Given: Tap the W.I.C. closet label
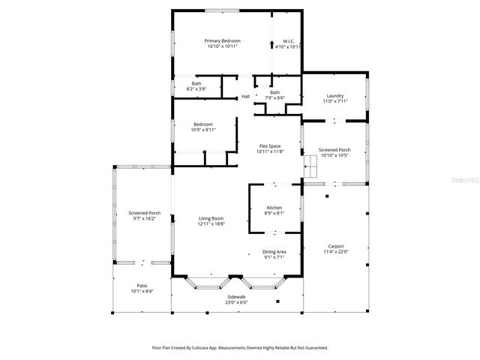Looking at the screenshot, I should click(288, 40).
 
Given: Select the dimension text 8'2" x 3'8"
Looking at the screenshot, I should click(196, 88).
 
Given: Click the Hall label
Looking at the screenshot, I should click(245, 97).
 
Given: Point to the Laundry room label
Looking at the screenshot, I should click(334, 95).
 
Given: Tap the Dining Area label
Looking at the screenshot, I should click(274, 252).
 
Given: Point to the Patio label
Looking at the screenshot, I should click(142, 286).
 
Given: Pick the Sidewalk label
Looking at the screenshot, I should click(236, 297).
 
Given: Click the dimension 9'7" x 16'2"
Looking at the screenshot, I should click(143, 218).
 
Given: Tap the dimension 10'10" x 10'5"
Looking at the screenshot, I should click(334, 155).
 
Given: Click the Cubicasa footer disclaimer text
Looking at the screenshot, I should click(240, 348).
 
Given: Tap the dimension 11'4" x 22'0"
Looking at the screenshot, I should click(335, 250).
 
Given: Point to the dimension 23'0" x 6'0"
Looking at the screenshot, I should click(236, 302).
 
